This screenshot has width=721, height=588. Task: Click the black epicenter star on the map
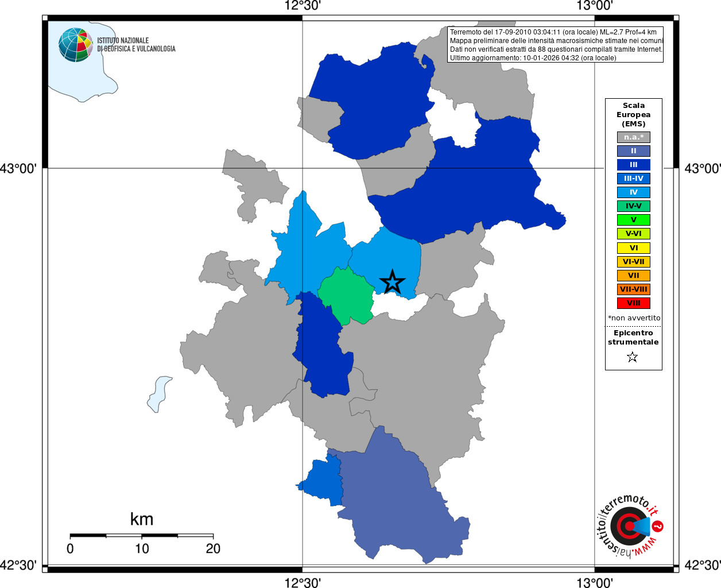[x=392, y=281]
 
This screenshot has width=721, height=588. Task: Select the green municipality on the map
[x=347, y=295]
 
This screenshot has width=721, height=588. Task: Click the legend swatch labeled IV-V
[x=633, y=206]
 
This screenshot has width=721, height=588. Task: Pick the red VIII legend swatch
[x=633, y=303]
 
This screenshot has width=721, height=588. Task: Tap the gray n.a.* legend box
[x=633, y=137]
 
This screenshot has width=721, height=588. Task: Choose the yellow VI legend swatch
[x=633, y=248]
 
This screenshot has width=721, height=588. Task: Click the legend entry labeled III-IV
[x=633, y=179]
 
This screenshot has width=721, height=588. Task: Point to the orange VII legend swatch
[x=633, y=276]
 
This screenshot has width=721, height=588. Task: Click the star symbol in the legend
[x=633, y=357]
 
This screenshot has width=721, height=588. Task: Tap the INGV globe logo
[x=75, y=45]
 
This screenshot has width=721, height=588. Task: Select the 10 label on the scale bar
[x=142, y=549]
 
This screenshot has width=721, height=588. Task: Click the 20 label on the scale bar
[x=213, y=549]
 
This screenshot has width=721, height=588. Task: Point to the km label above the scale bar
[x=142, y=519]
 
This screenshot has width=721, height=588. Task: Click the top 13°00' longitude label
[x=595, y=6]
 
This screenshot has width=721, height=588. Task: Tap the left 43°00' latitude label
[x=18, y=169]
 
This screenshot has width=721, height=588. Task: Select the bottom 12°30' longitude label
[x=303, y=583]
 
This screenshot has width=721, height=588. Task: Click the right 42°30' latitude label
[x=702, y=566]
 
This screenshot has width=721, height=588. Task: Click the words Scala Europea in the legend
[x=633, y=110]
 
